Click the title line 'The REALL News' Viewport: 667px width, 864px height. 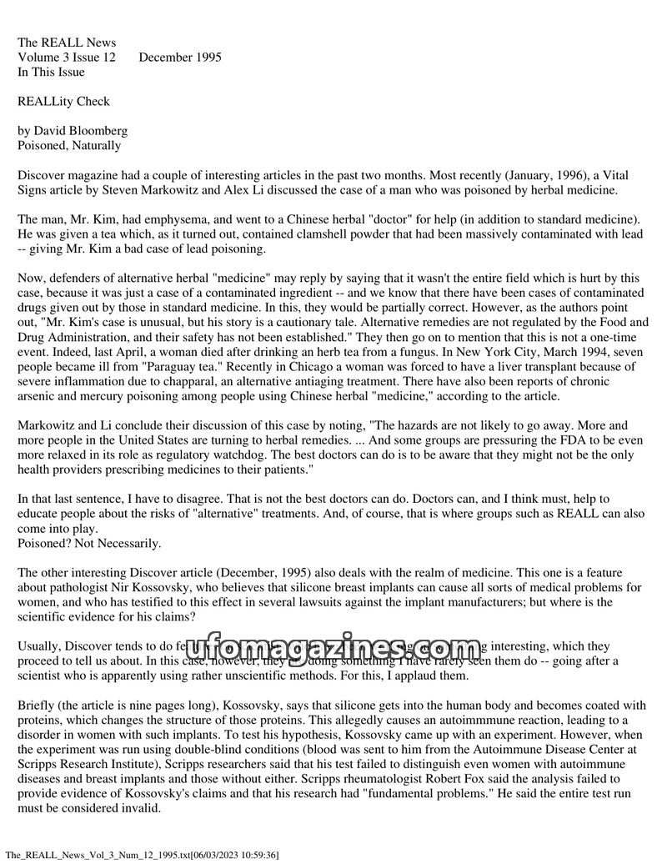(67, 43)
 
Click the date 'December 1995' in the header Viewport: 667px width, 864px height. (180, 58)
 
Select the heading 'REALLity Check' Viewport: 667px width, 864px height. (63, 102)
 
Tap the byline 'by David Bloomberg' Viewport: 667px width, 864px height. (73, 131)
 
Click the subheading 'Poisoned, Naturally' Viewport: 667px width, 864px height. (69, 146)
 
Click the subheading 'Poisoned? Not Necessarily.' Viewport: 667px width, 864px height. (89, 544)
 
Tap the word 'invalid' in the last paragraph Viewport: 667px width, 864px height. (144, 808)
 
